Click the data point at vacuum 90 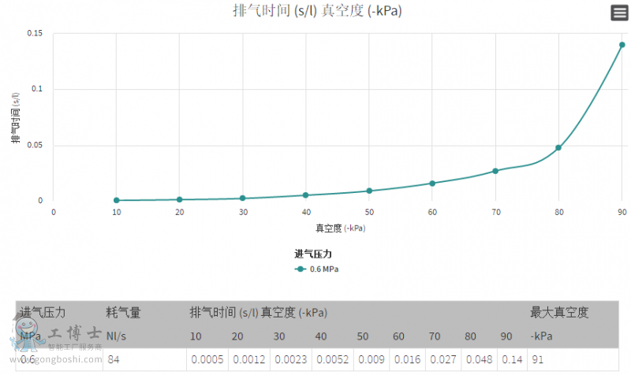click(622, 45)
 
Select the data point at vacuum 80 click(558, 147)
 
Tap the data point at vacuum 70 click(495, 171)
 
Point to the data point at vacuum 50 click(369, 191)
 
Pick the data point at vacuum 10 click(117, 200)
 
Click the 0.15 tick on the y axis click(35, 33)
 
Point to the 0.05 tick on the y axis click(35, 145)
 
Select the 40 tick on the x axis click(306, 212)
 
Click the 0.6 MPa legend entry click(317, 269)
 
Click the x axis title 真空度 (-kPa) click(341, 228)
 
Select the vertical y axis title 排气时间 click(16, 118)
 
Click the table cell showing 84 click(114, 360)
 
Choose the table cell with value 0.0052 click(330, 360)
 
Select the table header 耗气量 click(123, 313)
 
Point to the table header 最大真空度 click(559, 313)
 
